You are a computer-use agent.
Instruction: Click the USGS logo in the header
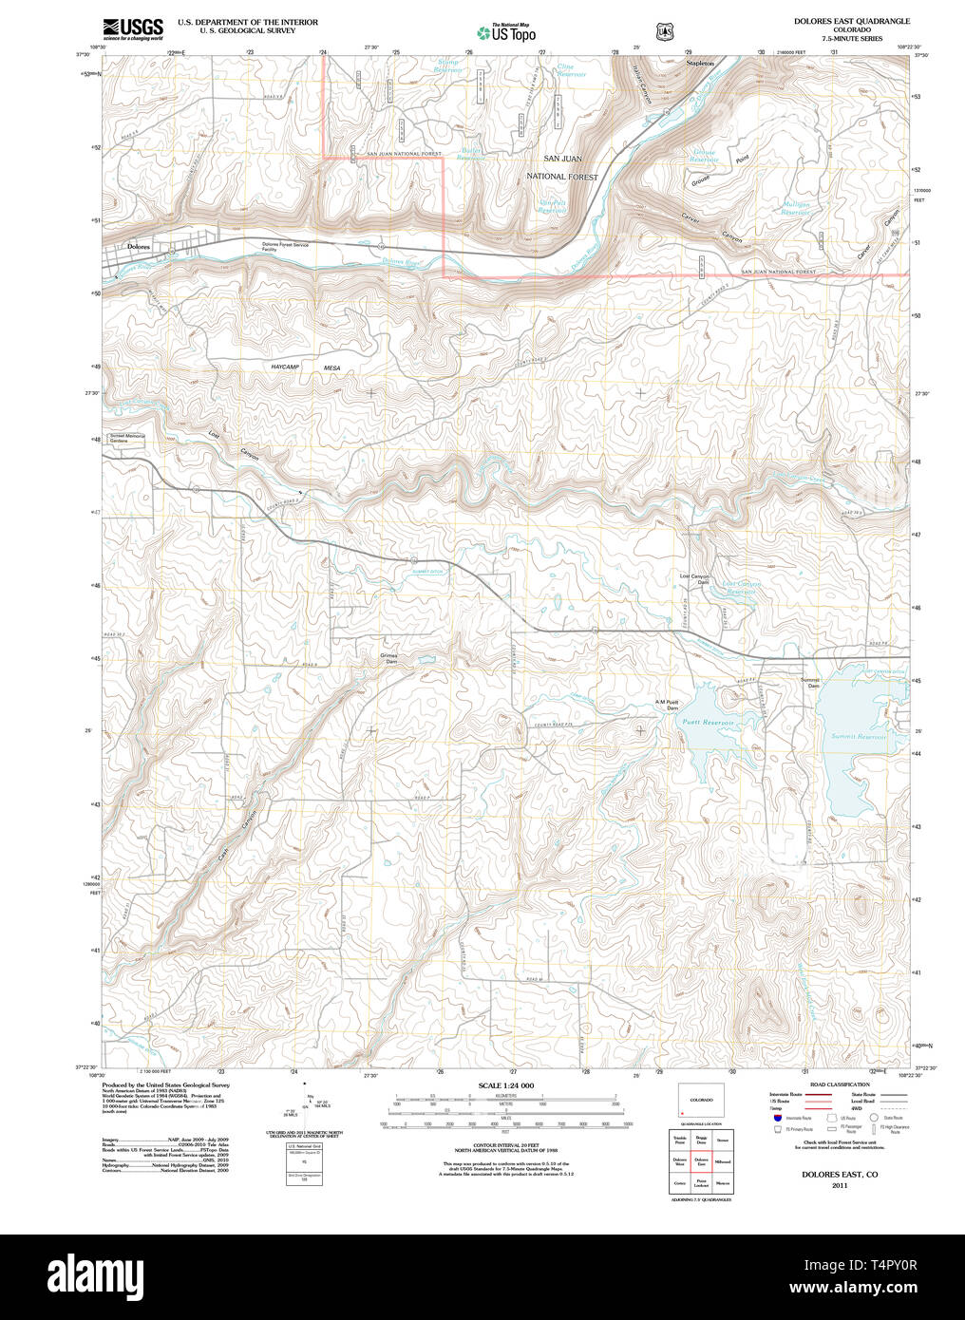132,28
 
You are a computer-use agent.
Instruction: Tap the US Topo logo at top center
506,32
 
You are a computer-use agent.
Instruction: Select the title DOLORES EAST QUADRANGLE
851,21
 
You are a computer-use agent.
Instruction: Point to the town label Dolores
139,246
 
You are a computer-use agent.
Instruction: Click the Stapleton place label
700,63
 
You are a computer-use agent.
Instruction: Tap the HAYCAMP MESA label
305,368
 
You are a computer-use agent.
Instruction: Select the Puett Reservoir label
709,723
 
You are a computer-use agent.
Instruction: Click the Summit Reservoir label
858,736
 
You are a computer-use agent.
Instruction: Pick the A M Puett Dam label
671,705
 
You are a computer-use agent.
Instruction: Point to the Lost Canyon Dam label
694,579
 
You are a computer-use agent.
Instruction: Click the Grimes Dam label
389,658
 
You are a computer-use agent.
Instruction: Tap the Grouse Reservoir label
704,156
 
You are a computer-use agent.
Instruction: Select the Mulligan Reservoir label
795,209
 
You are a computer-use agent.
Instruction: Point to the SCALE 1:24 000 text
505,1085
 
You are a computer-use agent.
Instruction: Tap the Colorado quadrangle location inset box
701,1101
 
